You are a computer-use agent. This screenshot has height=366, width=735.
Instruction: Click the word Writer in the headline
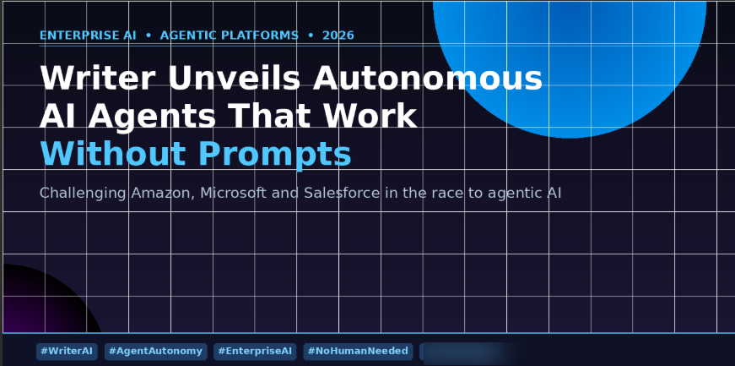[x=98, y=78]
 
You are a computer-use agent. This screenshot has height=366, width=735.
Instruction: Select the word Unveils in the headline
[x=234, y=78]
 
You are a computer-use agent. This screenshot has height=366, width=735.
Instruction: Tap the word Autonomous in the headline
[x=428, y=78]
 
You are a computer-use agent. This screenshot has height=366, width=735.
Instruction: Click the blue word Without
[x=113, y=153]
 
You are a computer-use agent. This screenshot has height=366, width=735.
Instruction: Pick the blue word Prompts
[x=275, y=155]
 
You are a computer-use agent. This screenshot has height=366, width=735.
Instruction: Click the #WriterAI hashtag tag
[x=67, y=352]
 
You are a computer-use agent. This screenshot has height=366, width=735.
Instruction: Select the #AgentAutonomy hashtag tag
[x=155, y=352]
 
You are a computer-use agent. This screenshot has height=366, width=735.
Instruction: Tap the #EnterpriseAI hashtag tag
[x=255, y=352]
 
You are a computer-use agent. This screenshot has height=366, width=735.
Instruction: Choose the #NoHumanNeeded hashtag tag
[x=358, y=352]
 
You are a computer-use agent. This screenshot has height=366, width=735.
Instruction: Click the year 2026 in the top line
[x=338, y=36]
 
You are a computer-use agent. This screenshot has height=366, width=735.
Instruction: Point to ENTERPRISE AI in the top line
[x=88, y=36]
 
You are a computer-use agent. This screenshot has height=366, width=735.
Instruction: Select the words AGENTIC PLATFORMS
[x=230, y=36]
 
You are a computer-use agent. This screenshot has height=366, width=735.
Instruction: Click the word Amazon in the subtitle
[x=163, y=193]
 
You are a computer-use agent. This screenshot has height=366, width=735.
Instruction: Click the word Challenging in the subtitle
[x=83, y=194]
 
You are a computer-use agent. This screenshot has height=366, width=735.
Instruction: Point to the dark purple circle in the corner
[x=42, y=301]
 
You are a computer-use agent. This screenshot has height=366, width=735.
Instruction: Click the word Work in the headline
[x=373, y=116]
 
